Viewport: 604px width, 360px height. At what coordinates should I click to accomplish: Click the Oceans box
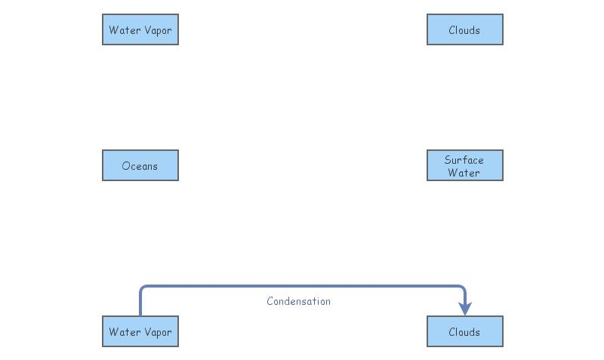pos(140,165)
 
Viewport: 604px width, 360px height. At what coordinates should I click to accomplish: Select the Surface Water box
pos(464,165)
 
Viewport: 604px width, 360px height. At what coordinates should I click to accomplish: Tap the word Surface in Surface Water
pos(464,159)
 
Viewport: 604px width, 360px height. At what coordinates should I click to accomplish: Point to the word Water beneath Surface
pos(464,172)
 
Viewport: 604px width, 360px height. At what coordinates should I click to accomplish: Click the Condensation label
pos(298,301)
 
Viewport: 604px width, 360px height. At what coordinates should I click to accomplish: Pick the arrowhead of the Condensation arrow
pos(465,309)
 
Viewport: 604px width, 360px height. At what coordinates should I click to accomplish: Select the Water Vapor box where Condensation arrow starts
pos(140,331)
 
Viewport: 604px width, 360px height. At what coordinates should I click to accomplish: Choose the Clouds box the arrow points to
pos(464,331)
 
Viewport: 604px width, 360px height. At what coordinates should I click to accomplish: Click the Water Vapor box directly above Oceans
pos(140,29)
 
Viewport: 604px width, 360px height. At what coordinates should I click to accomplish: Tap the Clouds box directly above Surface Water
pos(464,29)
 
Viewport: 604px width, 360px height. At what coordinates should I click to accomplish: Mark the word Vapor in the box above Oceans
pos(157,30)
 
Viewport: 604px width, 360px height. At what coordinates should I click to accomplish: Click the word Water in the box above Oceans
pos(124,30)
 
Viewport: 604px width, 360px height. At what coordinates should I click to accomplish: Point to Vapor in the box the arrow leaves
pos(157,332)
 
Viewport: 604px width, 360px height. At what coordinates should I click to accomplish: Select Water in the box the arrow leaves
pos(124,332)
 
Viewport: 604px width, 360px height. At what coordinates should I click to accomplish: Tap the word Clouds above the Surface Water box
pos(464,30)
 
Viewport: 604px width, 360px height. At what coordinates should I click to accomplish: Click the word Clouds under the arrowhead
pos(464,332)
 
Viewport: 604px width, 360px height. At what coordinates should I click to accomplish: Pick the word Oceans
pos(140,166)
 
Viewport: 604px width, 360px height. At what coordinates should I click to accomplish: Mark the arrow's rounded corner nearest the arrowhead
pos(462,288)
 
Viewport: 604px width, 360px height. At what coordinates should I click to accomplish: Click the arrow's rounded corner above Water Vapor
pos(143,288)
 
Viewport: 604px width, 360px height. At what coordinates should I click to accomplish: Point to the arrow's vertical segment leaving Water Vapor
pos(140,303)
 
